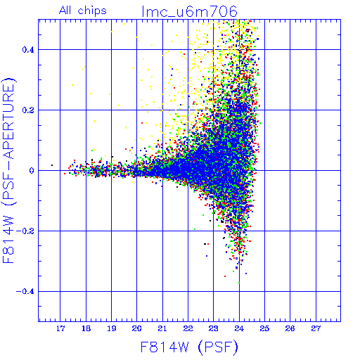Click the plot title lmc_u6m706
pyautogui.click(x=189, y=12)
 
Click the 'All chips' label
pyautogui.click(x=83, y=11)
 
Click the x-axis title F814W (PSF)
pyautogui.click(x=189, y=347)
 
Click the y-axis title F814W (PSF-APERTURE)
pyautogui.click(x=9, y=170)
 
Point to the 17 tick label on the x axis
pyautogui.click(x=60, y=328)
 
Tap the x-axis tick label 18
pyautogui.click(x=86, y=328)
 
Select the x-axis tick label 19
pyautogui.click(x=112, y=328)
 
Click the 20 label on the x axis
pyautogui.click(x=137, y=328)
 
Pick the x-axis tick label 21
pyautogui.click(x=162, y=328)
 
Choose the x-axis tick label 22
pyautogui.click(x=188, y=328)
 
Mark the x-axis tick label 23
pyautogui.click(x=214, y=328)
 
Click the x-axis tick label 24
pyautogui.click(x=239, y=328)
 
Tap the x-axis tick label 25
pyautogui.click(x=264, y=328)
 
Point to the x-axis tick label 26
pyautogui.click(x=290, y=328)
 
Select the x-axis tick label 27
pyautogui.click(x=316, y=328)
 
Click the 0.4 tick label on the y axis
pyautogui.click(x=28, y=50)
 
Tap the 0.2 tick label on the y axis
pyautogui.click(x=28, y=110)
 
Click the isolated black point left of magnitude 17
pyautogui.click(x=52, y=165)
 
